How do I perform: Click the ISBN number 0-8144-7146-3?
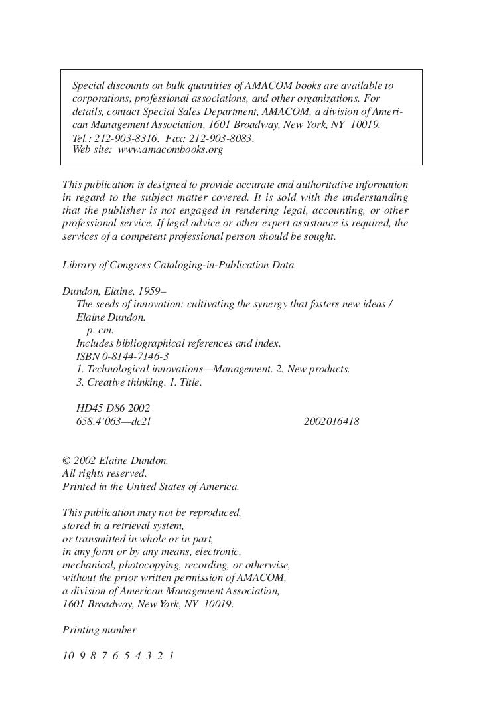tap(131, 356)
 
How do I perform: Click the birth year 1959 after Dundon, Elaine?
tap(145, 291)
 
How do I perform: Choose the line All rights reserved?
tap(104, 473)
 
